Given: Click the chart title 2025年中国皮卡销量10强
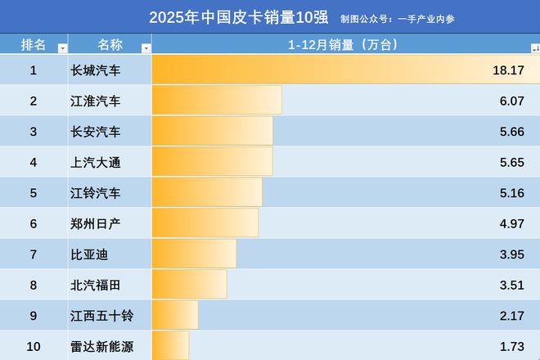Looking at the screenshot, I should click(x=238, y=17).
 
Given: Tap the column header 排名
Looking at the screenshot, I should click(x=33, y=44).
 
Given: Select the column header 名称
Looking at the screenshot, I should click(x=110, y=44).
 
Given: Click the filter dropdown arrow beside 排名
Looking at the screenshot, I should click(x=62, y=48).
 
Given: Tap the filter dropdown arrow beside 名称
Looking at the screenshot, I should click(x=146, y=48).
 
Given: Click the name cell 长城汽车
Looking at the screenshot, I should click(x=97, y=70).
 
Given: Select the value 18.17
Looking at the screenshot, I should click(x=508, y=70).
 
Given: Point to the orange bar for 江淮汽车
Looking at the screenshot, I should click(x=217, y=101).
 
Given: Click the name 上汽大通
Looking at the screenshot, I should click(x=97, y=162).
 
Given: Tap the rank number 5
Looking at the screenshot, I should click(x=34, y=193).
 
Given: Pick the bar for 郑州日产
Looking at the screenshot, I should click(x=205, y=223).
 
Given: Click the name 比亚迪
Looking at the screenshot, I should click(x=90, y=254).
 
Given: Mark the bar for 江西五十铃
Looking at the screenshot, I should click(x=175, y=316).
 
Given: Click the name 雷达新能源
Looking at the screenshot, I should click(x=102, y=346).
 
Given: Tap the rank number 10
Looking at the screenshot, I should click(x=34, y=346).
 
